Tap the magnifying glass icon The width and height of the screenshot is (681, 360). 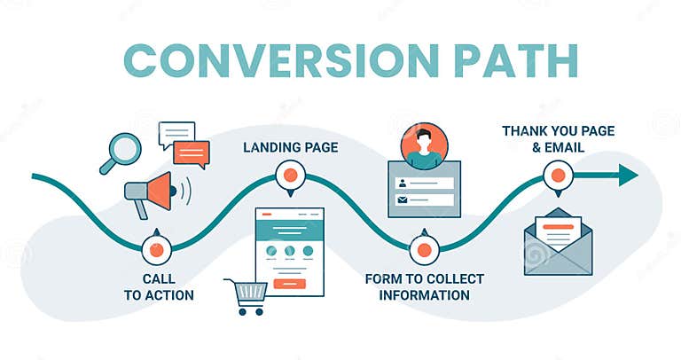click(121, 151)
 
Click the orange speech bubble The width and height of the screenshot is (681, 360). click(192, 153)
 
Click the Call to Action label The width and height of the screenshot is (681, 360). click(159, 286)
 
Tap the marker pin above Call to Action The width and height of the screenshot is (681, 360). click(157, 248)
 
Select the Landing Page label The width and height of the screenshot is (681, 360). click(290, 147)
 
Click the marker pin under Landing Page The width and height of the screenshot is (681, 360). click(289, 176)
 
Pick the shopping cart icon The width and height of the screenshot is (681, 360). click(247, 296)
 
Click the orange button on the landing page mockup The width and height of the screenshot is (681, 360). click(289, 283)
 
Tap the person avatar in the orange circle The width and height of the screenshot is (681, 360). click(422, 145)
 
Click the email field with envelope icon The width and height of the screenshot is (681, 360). click(424, 200)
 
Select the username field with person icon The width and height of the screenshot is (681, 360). click(424, 183)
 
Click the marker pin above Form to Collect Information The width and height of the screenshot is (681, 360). click(424, 248)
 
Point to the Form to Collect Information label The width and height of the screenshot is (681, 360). click(424, 286)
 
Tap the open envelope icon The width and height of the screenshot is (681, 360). click(557, 241)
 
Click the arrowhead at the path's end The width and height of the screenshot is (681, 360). click(628, 175)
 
